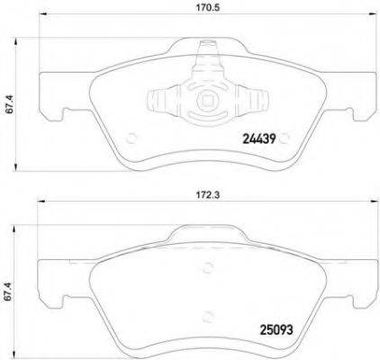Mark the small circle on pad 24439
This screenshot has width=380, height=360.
(131, 138)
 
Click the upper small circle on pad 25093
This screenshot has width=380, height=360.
(208, 266)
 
